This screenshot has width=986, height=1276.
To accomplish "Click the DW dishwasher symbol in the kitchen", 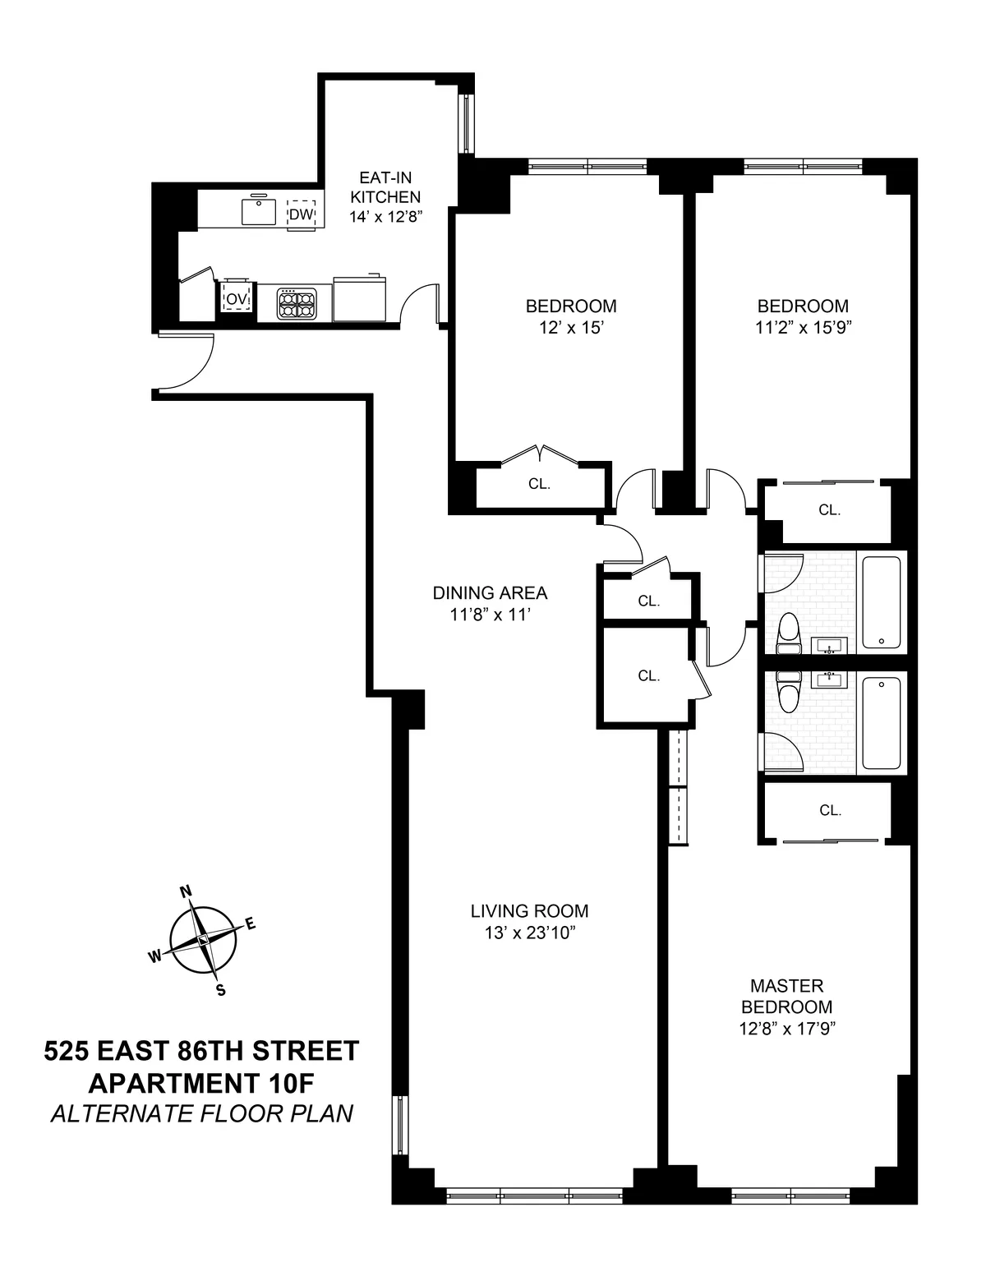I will point(302,215).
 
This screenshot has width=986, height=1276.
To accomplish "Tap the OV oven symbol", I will point(237,300).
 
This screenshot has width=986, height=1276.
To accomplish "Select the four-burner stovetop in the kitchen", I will point(296,302).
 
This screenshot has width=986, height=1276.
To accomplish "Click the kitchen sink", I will point(258,211).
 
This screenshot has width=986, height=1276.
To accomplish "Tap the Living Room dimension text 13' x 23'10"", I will point(529,933).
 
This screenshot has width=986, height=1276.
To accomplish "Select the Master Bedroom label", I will point(786,996).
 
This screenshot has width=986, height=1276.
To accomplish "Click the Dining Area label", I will point(490,592).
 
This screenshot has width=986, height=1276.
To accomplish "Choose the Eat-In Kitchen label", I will point(385,187).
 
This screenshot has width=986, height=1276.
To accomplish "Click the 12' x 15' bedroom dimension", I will point(571,327).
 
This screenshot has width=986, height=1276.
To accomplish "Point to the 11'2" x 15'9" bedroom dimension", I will point(802,327).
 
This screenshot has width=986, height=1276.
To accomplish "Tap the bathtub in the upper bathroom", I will point(882,602).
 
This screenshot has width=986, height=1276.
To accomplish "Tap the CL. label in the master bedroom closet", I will point(830,811).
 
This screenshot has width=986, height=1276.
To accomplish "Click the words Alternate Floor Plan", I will point(202,1113).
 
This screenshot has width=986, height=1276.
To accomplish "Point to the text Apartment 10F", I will point(202,1082).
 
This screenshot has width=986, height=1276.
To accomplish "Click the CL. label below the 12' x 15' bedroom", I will point(539,485).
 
